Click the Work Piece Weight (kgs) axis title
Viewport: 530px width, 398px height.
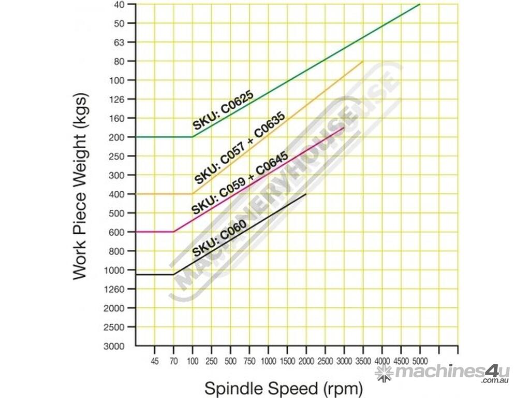point(81,187)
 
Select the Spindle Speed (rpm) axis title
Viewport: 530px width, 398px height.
point(284,388)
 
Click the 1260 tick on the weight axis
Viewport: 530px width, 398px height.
point(117,289)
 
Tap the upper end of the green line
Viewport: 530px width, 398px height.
point(420,4)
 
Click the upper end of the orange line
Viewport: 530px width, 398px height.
point(363,61)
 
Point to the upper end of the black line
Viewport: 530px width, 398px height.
point(306,194)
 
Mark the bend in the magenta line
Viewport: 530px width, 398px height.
point(173,232)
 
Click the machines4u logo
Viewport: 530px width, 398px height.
point(443,373)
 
